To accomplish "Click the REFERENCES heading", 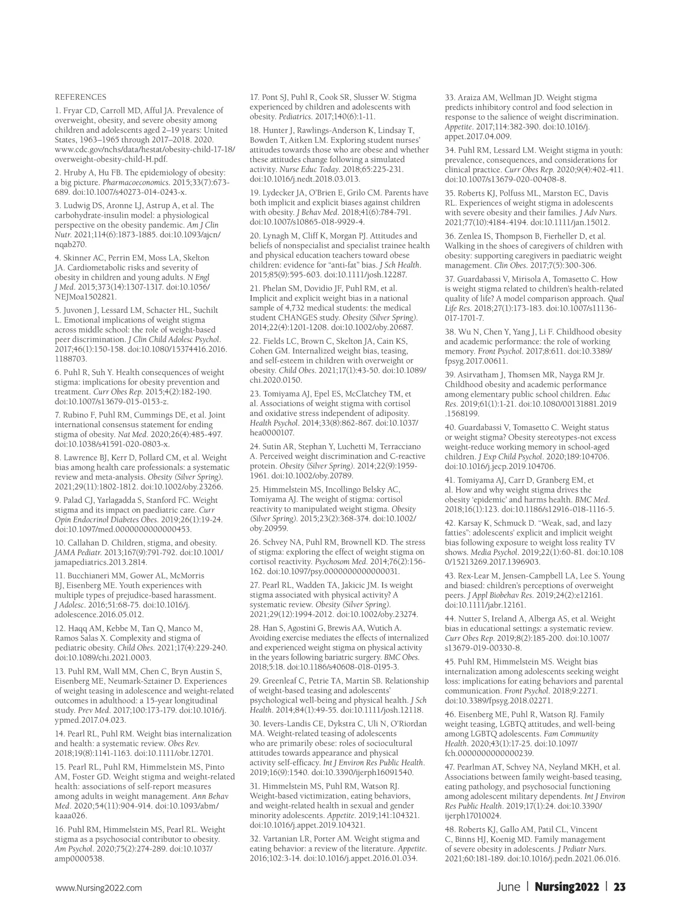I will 80,97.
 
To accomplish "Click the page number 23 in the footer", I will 619,887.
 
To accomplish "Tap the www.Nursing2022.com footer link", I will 99,888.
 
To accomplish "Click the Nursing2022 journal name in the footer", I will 567,887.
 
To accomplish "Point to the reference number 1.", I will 57,110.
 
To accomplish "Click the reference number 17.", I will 254,97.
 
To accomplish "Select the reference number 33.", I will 450,97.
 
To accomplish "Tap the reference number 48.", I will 450,829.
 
